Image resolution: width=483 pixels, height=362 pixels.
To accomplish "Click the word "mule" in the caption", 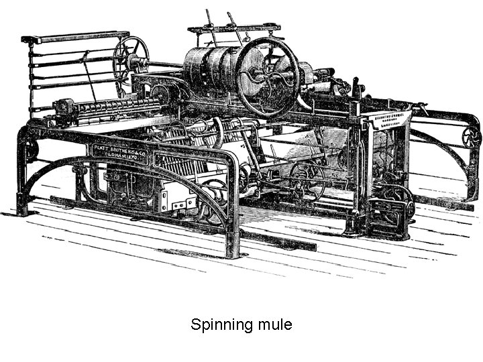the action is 274,325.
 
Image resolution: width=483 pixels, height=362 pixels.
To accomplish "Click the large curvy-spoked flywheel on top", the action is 268,75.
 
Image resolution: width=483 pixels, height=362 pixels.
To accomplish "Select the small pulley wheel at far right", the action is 472,137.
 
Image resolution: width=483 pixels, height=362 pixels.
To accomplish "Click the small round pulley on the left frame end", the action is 31,149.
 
